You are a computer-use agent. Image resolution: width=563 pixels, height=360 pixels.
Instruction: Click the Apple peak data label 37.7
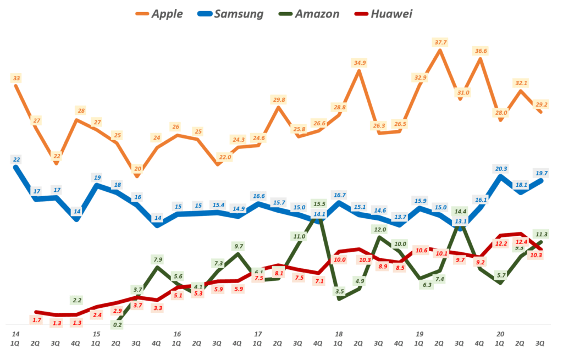(x=440, y=42)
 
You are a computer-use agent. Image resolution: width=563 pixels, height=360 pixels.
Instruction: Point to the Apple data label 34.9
(x=359, y=63)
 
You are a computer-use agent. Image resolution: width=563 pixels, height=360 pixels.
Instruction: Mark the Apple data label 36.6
(x=480, y=51)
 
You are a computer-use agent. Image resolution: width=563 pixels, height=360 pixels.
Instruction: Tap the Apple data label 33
(x=16, y=79)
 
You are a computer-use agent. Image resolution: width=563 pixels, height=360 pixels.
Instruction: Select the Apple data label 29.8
(x=279, y=99)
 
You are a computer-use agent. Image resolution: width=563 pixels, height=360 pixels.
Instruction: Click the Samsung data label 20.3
(x=500, y=169)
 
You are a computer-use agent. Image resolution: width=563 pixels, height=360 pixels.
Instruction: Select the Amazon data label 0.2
(x=117, y=325)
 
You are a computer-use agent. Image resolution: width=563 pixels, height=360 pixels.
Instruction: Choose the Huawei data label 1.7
(x=37, y=320)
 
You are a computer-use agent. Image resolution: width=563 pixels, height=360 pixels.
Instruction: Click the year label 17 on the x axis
(x=257, y=334)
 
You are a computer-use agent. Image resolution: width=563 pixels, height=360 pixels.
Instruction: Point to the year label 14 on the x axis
(x=15, y=334)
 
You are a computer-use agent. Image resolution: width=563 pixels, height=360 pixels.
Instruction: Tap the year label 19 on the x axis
(x=420, y=334)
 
